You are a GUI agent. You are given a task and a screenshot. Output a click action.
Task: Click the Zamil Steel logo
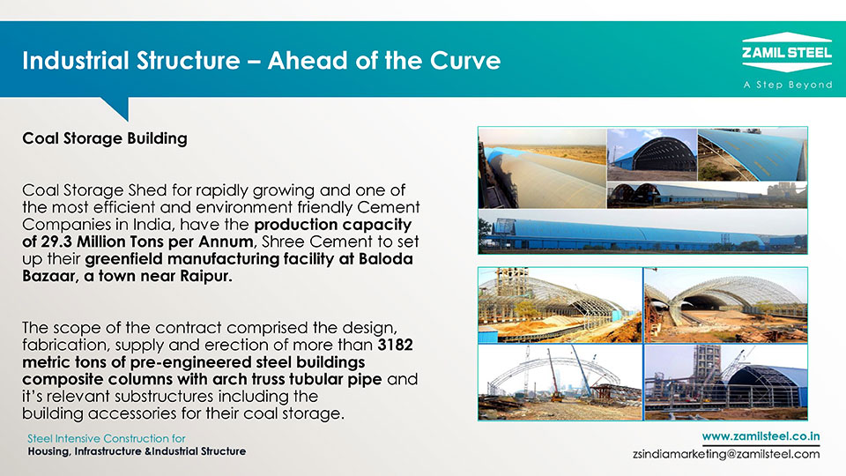point(787,52)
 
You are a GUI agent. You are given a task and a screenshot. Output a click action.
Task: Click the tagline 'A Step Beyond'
point(788,85)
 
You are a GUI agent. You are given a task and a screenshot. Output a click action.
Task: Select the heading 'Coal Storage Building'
point(105,138)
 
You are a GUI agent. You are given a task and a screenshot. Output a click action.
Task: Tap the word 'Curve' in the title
point(465,61)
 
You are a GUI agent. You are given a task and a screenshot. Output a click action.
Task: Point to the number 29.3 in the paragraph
point(55,242)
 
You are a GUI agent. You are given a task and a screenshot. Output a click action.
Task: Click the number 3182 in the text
point(396,345)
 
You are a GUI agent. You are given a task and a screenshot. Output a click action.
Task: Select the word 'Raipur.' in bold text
point(205,276)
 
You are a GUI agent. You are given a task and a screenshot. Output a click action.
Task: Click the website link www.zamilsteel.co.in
point(761,436)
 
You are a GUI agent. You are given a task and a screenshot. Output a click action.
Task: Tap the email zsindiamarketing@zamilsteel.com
point(726,454)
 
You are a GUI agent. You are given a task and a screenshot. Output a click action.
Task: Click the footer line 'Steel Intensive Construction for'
point(107,438)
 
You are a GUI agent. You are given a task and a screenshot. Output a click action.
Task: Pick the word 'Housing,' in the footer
point(49,451)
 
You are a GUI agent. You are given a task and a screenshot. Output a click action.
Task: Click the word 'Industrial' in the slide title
point(77,61)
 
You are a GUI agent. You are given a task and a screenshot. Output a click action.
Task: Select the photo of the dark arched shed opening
point(652,154)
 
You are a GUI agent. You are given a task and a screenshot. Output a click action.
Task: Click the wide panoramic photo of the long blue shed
point(642,231)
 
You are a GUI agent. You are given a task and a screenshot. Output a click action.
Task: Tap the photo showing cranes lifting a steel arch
point(560,383)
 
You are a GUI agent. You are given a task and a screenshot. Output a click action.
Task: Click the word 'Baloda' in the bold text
point(386,259)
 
